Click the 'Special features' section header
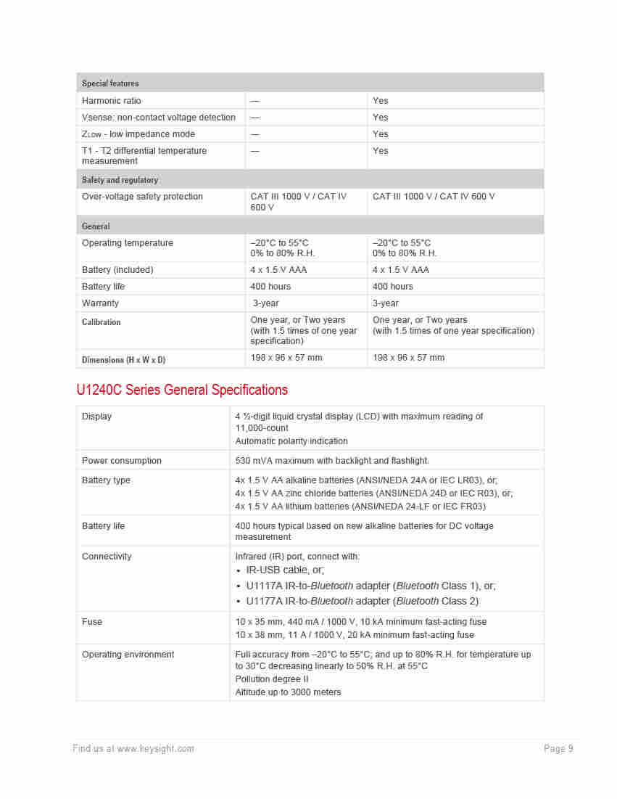(x=110, y=83)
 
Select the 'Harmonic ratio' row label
(x=112, y=101)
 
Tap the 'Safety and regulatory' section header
(x=120, y=180)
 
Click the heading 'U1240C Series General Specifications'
(x=182, y=390)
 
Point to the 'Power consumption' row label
(x=122, y=461)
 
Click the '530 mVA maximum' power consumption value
(x=332, y=461)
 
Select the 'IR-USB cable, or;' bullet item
(x=285, y=570)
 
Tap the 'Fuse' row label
(x=92, y=622)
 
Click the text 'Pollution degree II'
(x=272, y=679)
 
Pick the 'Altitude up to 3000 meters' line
(x=288, y=692)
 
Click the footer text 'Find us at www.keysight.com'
(x=133, y=749)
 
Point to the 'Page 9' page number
(x=558, y=749)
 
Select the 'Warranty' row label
(x=100, y=303)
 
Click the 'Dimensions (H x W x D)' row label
(x=123, y=360)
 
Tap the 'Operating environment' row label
(x=128, y=655)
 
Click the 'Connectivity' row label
(x=107, y=557)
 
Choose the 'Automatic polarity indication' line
(x=291, y=441)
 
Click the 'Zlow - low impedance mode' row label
(x=138, y=134)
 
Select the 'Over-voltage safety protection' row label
(x=142, y=197)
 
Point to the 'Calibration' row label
(x=102, y=322)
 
